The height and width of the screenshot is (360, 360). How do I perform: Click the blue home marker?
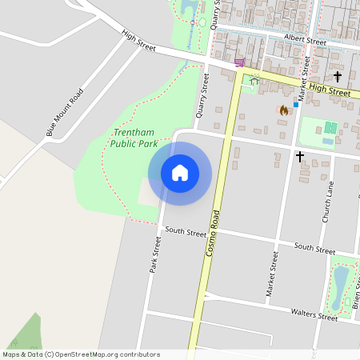(x=180, y=173)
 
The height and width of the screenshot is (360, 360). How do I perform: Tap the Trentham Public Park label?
(x=133, y=138)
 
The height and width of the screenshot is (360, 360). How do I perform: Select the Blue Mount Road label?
(x=65, y=113)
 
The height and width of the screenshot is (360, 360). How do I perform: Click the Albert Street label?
(x=306, y=41)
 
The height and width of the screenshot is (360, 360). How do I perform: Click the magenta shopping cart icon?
(x=238, y=62)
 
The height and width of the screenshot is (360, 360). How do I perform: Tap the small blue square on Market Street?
(x=295, y=105)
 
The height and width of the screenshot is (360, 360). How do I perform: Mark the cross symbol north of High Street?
(x=338, y=77)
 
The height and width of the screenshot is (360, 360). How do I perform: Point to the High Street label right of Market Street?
(x=330, y=90)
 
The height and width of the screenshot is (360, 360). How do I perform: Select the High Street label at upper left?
(x=138, y=42)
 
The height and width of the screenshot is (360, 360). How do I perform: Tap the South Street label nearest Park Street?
(x=186, y=233)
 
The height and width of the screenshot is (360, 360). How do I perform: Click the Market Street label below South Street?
(x=272, y=276)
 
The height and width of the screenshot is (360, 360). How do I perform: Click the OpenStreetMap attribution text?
(x=80, y=354)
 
